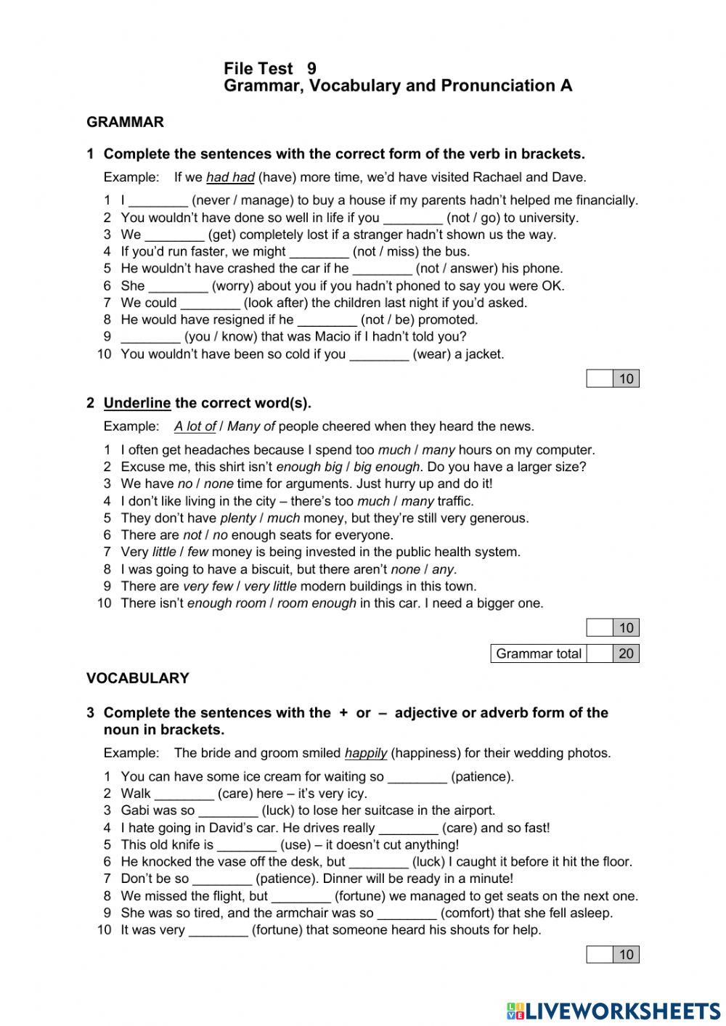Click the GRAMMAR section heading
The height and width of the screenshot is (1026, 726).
125,122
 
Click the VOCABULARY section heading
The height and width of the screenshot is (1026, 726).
137,678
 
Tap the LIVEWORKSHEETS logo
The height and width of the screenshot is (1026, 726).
613,1010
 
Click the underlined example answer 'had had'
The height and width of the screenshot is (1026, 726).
230,177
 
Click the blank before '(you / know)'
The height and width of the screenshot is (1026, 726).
150,337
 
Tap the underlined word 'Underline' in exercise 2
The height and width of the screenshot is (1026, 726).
137,403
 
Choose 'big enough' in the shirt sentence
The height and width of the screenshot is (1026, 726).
386,467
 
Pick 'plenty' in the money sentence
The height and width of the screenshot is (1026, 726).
238,518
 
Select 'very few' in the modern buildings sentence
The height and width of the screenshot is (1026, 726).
208,587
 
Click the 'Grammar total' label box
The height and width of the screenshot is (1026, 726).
538,654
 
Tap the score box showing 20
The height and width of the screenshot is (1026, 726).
626,654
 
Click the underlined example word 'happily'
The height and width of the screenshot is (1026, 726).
365,754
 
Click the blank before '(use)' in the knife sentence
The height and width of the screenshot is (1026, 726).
247,845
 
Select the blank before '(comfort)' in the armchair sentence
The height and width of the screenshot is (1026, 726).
407,913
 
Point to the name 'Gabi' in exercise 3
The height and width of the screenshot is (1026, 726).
134,810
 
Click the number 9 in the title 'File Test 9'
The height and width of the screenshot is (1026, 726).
312,69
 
